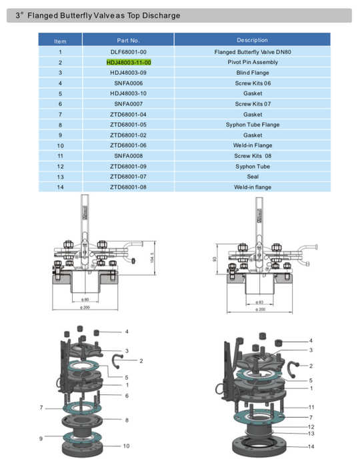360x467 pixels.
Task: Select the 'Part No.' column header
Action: pyautogui.click(x=128, y=41)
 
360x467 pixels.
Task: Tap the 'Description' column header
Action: pyautogui.click(x=252, y=41)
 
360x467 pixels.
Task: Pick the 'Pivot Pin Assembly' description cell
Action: pyautogui.click(x=252, y=61)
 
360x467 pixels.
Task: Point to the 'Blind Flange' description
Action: pyautogui.click(x=252, y=72)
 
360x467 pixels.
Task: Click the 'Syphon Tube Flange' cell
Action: pyautogui.click(x=252, y=124)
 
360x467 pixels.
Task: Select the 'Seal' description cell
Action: pyautogui.click(x=252, y=176)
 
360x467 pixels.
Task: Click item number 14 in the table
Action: pyautogui.click(x=60, y=187)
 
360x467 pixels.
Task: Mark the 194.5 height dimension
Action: pyautogui.click(x=153, y=258)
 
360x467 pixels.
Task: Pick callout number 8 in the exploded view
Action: pyautogui.click(x=125, y=419)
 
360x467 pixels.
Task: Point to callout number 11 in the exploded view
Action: pyautogui.click(x=311, y=406)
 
